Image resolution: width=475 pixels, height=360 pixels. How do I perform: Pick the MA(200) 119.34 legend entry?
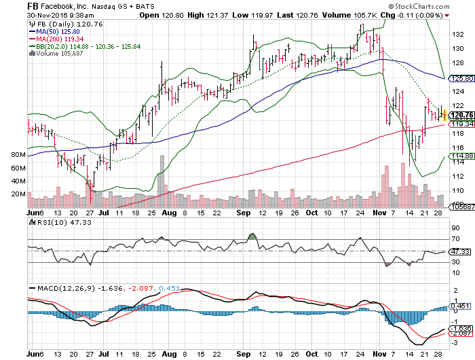tap(54, 38)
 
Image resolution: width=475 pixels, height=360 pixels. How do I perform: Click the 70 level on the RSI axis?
tap(455, 240)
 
